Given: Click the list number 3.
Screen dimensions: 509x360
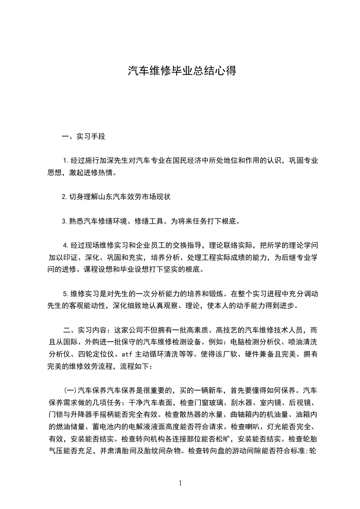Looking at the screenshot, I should click(x=64, y=222).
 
